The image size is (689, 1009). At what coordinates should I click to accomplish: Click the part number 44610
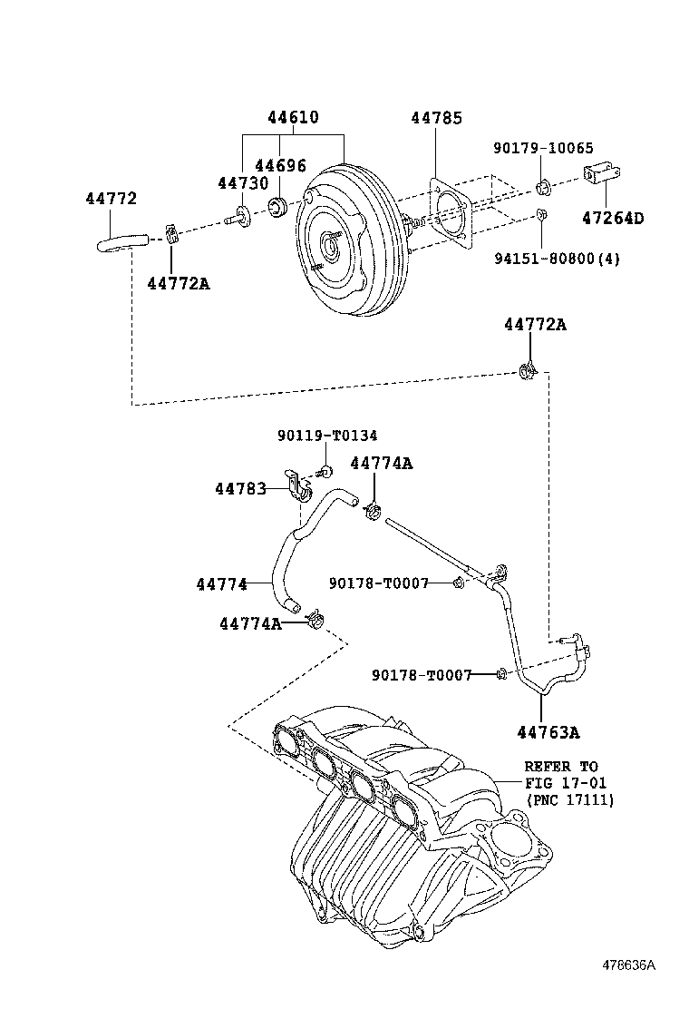[x=293, y=117]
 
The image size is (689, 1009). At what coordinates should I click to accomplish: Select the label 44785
[x=436, y=118]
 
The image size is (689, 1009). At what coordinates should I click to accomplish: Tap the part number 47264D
[x=613, y=218]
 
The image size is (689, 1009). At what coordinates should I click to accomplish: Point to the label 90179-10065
[x=543, y=148]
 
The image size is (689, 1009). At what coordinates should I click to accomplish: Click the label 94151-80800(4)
[x=557, y=259]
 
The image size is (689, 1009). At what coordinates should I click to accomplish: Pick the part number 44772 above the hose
[x=112, y=198]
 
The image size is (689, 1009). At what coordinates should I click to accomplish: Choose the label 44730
[x=243, y=182]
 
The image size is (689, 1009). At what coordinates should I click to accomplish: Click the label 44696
[x=280, y=165]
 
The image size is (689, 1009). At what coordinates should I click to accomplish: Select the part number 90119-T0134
[x=327, y=436]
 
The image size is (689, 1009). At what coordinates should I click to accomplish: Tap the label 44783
[x=240, y=489]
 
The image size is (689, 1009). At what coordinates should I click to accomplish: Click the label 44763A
[x=548, y=731]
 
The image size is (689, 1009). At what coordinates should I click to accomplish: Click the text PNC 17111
[x=570, y=800]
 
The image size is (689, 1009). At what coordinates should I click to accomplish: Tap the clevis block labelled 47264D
[x=602, y=173]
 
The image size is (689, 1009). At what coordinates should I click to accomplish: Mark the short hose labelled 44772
[x=122, y=242]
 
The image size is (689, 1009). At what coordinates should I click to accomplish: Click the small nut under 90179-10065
[x=542, y=189]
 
